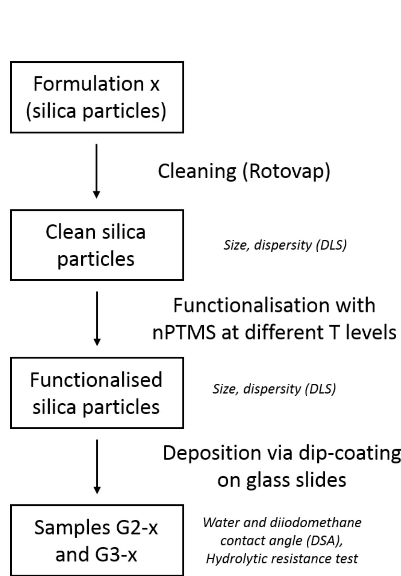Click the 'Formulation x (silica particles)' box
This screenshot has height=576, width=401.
97,97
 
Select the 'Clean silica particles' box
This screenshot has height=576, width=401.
97,245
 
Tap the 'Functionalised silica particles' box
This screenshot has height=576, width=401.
97,393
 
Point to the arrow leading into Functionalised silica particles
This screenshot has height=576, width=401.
97,318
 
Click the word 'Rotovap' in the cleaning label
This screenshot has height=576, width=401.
286,171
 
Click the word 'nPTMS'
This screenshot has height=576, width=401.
184,332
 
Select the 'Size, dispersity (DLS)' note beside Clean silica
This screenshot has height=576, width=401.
285,245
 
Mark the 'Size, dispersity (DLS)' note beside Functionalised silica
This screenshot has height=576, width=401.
274,389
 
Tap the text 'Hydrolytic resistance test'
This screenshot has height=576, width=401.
282,559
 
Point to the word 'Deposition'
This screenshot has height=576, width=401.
212,453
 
